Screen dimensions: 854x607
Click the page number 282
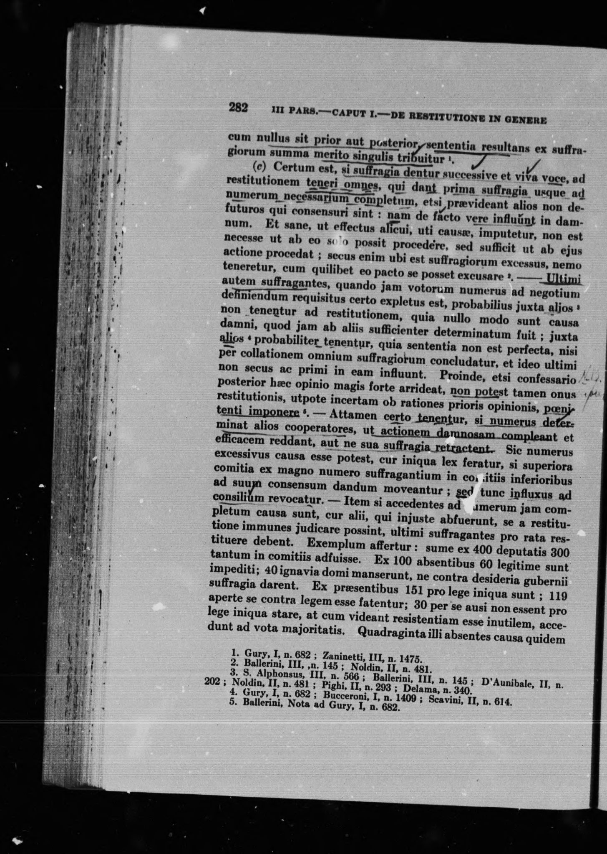point(238,108)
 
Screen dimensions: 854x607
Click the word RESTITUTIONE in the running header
point(443,117)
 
